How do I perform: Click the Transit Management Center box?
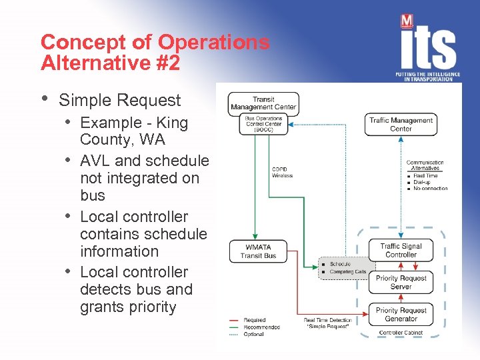(263, 103)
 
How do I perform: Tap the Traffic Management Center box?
(401, 125)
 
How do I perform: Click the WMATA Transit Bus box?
(258, 251)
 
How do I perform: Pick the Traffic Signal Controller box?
(401, 250)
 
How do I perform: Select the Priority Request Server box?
(401, 282)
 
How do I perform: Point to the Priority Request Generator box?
(401, 314)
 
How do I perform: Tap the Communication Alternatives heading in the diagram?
(425, 165)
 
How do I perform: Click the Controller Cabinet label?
(401, 332)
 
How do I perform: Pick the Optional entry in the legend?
(254, 334)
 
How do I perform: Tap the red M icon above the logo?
(407, 21)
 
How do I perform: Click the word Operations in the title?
(213, 42)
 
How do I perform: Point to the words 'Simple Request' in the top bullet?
(119, 100)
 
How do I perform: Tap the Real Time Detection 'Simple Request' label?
(327, 324)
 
